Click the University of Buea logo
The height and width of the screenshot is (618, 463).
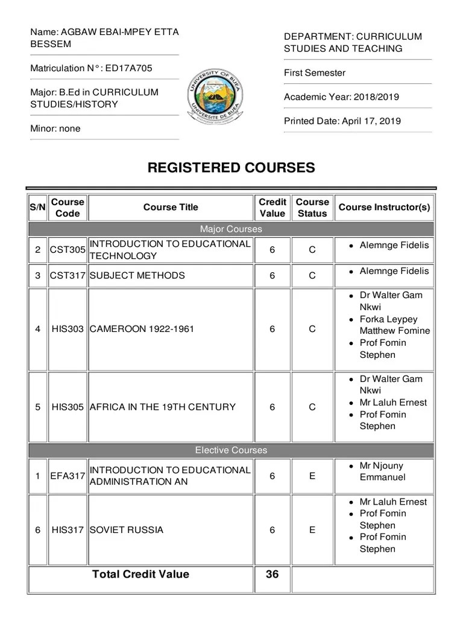tap(231, 97)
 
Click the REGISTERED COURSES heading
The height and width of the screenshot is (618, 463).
tap(231, 168)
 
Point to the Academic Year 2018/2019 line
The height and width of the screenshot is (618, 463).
tap(341, 97)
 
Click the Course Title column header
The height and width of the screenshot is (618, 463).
tap(171, 208)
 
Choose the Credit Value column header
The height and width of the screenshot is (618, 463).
tap(272, 208)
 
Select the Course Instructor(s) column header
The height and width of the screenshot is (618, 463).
tap(384, 208)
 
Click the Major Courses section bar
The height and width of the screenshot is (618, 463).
tap(231, 229)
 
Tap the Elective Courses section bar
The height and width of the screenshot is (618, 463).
tap(231, 450)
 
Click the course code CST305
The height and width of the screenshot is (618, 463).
tap(68, 250)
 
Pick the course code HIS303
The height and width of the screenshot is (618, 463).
tap(68, 330)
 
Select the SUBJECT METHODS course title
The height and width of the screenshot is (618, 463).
tap(137, 276)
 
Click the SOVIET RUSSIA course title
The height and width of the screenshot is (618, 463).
tap(127, 530)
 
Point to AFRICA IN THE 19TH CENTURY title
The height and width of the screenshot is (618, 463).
tap(162, 407)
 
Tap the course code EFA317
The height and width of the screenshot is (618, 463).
tap(68, 476)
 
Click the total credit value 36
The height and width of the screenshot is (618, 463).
tap(272, 575)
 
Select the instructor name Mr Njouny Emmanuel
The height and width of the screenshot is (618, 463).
tap(382, 471)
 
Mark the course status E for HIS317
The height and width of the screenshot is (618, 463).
tap(312, 530)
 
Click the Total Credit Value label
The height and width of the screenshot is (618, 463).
tap(140, 575)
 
